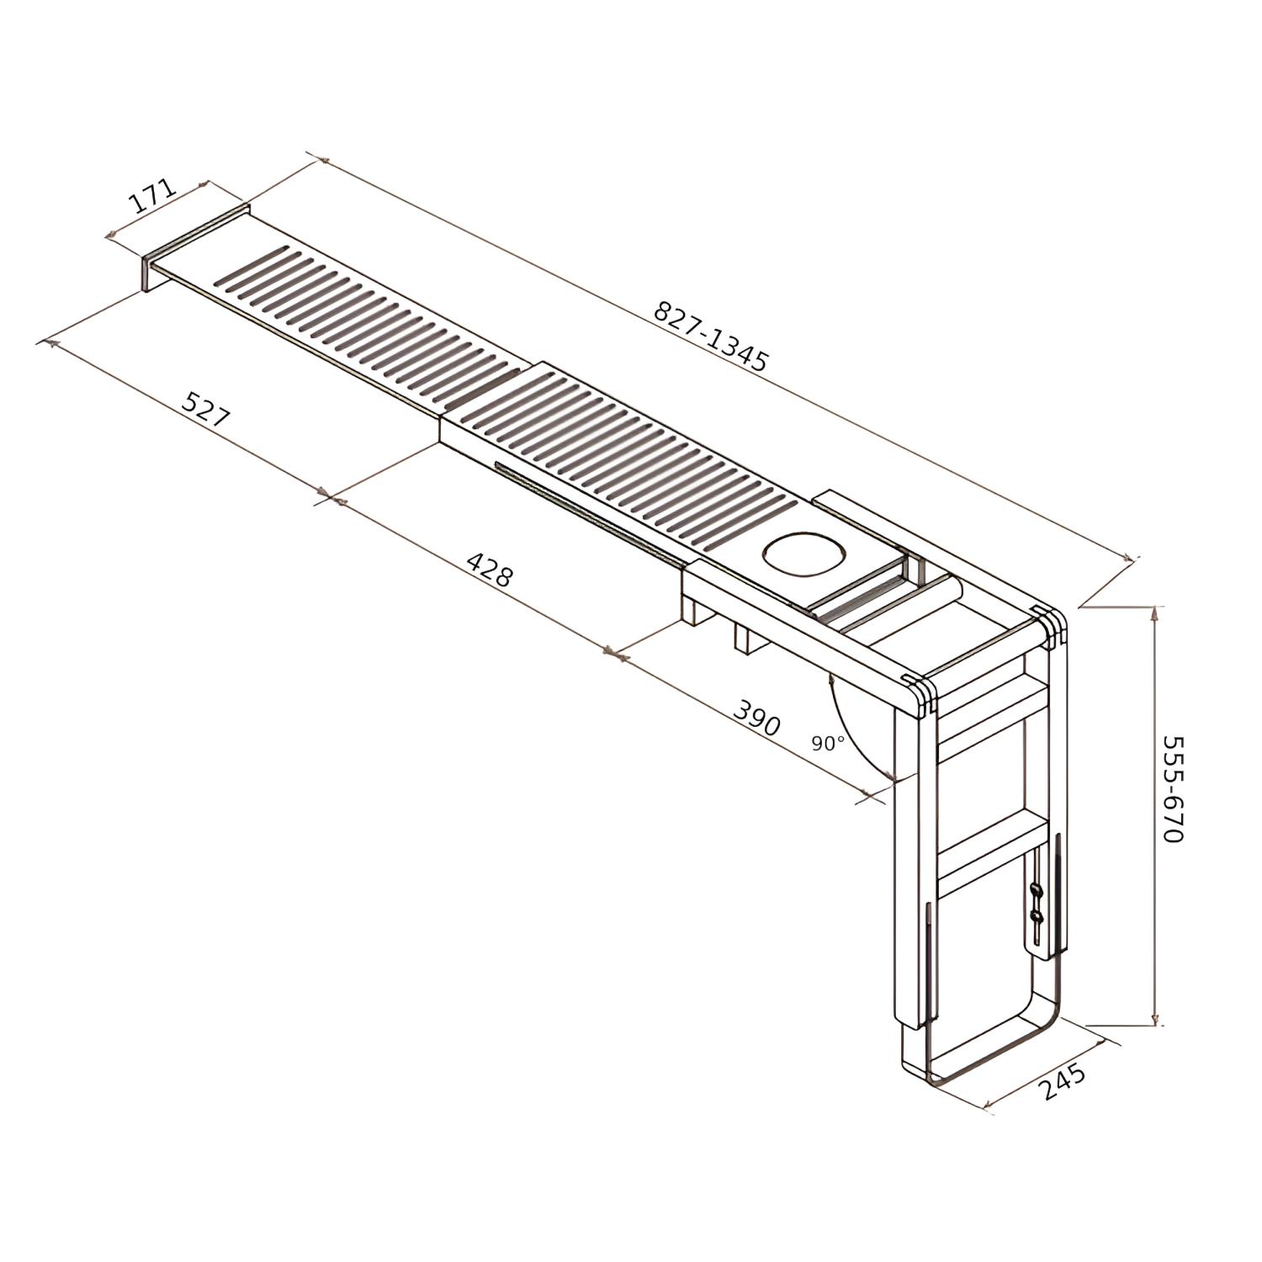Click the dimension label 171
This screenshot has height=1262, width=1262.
coord(152,199)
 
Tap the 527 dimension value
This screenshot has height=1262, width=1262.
coord(205,409)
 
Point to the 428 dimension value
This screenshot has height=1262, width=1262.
coord(489,569)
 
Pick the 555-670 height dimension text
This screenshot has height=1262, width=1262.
coord(1173,789)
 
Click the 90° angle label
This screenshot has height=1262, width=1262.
coord(828,744)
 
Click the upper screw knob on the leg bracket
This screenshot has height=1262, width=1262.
coord(1034,889)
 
